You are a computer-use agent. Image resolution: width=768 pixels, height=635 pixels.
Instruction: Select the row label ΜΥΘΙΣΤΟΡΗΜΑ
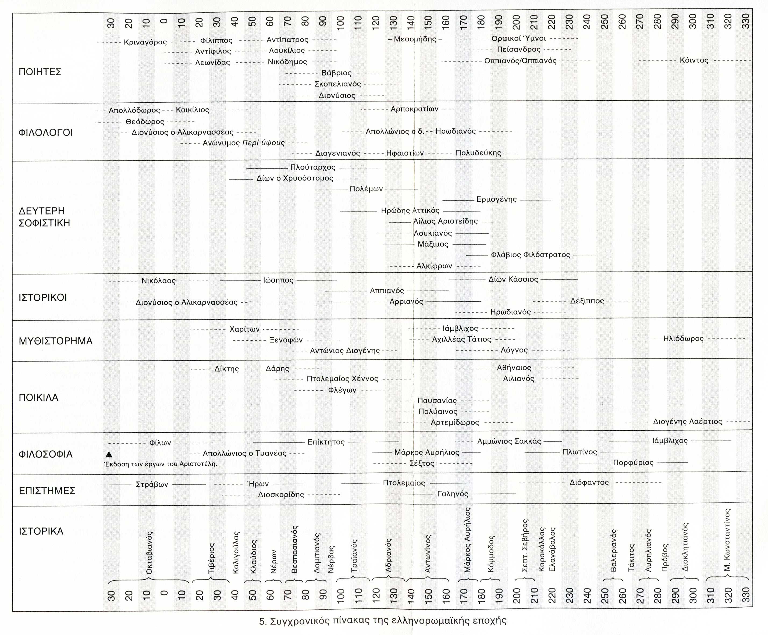[56, 341]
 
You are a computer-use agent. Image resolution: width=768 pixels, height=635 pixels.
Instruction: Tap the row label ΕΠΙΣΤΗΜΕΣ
[47, 491]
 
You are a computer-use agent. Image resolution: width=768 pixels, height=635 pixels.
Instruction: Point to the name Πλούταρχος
[313, 167]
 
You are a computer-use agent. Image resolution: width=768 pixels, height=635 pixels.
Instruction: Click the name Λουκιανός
[433, 233]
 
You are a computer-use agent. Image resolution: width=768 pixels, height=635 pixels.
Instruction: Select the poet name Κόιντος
[694, 60]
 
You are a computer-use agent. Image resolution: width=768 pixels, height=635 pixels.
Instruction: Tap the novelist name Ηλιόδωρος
[683, 338]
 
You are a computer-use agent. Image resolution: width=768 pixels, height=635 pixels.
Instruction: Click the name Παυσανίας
[437, 401]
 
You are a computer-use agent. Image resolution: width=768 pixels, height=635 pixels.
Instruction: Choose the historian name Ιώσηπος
[278, 280]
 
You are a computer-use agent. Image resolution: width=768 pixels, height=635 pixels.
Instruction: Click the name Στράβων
[152, 484]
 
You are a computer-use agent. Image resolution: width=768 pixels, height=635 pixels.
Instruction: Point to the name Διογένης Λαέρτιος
[688, 422]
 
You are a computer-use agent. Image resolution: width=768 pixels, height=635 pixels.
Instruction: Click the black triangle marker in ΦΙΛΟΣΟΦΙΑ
[109, 454]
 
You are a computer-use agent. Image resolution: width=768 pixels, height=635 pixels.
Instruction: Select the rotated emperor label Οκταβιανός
[149, 553]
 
